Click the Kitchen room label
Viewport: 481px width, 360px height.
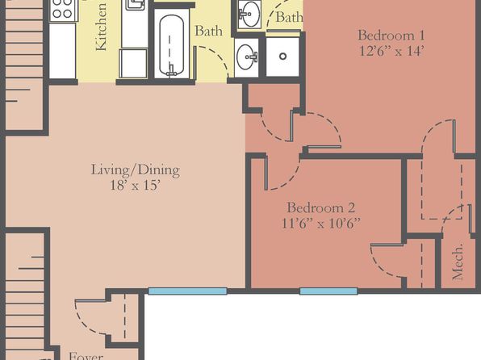(101, 27)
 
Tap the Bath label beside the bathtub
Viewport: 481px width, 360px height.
(208, 31)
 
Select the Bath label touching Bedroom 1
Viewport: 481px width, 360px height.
(289, 17)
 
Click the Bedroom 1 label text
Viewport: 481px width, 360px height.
(391, 35)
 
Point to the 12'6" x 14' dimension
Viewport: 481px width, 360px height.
(391, 51)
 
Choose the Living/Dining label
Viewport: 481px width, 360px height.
(136, 170)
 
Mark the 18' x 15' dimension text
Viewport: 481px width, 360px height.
(136, 185)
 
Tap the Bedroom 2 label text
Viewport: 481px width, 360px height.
(321, 207)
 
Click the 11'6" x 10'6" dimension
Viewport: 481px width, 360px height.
(321, 223)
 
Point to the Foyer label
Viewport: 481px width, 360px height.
(86, 356)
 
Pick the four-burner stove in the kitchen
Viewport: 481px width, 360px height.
(64, 10)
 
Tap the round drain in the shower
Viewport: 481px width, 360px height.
(282, 57)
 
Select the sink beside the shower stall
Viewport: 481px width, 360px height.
(247, 57)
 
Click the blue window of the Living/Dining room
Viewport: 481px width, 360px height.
(188, 291)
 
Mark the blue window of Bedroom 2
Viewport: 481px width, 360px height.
(328, 291)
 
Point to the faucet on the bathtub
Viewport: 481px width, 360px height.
(171, 71)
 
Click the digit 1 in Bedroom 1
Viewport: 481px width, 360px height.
(421, 35)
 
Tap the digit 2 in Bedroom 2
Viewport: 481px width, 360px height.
(351, 207)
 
